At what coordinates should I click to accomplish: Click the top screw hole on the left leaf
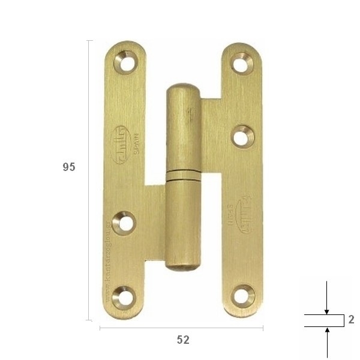click(125, 62)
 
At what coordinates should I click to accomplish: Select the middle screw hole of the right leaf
click(241, 137)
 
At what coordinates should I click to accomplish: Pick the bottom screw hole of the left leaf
click(124, 298)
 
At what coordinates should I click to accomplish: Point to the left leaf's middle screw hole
click(124, 223)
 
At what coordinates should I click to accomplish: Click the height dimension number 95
click(69, 167)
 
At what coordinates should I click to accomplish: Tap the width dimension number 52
click(183, 340)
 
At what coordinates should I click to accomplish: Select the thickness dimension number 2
click(351, 320)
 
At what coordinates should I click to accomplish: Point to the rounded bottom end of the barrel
click(182, 265)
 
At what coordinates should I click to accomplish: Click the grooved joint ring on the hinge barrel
click(183, 175)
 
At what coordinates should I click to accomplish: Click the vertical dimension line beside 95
click(89, 180)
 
